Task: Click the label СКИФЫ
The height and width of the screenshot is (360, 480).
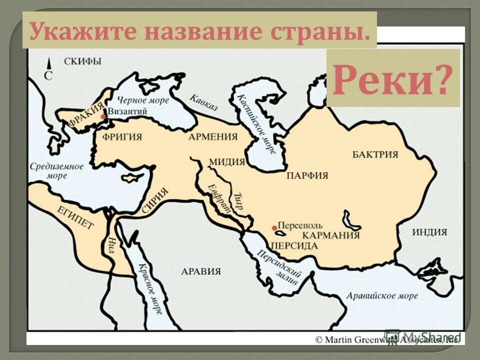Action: click(83, 61)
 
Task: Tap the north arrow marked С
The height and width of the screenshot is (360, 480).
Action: click(48, 70)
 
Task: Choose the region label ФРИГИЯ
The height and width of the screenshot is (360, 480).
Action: click(122, 136)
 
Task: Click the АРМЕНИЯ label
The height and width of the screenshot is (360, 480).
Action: click(212, 136)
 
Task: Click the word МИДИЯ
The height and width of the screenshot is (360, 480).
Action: click(227, 161)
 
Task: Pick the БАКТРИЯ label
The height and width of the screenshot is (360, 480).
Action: click(375, 154)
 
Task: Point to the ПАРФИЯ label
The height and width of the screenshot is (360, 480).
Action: click(307, 175)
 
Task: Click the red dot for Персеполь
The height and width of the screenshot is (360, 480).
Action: click(274, 228)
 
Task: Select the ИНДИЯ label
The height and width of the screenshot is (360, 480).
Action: click(429, 232)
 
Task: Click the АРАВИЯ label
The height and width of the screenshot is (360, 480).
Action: click(200, 271)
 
